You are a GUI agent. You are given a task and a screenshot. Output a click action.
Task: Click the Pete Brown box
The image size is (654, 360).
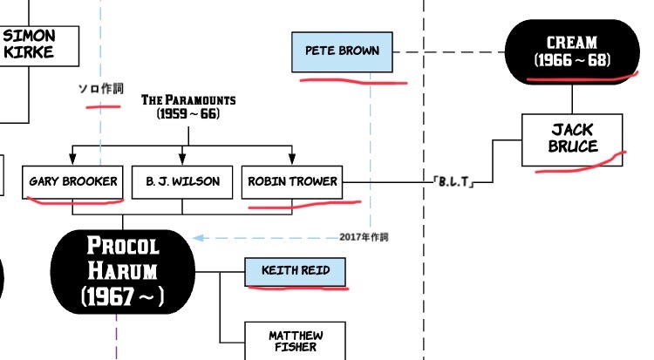click(x=342, y=51)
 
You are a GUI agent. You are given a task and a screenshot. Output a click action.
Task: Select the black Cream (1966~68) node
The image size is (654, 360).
click(x=572, y=51)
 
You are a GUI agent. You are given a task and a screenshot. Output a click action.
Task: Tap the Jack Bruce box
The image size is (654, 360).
click(x=572, y=139)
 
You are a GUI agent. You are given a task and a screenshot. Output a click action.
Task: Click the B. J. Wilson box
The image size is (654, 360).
click(x=182, y=182)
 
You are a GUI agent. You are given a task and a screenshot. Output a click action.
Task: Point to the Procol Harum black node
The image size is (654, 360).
click(x=123, y=272)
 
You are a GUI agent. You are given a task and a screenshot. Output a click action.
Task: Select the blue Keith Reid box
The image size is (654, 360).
click(x=296, y=270)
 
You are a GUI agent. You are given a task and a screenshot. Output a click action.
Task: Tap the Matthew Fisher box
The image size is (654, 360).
click(x=296, y=341)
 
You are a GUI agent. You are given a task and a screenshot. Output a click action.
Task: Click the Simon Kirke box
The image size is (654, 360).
click(x=29, y=44)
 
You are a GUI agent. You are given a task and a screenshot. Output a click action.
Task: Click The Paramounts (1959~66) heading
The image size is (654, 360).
click(x=187, y=107)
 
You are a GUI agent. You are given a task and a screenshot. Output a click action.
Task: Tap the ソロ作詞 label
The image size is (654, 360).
click(x=101, y=90)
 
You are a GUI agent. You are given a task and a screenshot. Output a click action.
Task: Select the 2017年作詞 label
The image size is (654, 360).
click(x=364, y=237)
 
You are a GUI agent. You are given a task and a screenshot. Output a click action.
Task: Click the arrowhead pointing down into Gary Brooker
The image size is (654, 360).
click(x=72, y=160)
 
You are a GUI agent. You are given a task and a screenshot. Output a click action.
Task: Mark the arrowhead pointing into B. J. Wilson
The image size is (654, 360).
click(x=182, y=160)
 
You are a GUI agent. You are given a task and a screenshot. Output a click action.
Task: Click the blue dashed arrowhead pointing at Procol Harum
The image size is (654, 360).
click(x=198, y=237)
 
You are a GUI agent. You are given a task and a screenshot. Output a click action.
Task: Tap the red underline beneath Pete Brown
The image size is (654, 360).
click(x=353, y=82)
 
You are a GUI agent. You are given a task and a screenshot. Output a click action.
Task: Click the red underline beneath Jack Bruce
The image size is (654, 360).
click(x=581, y=166)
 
